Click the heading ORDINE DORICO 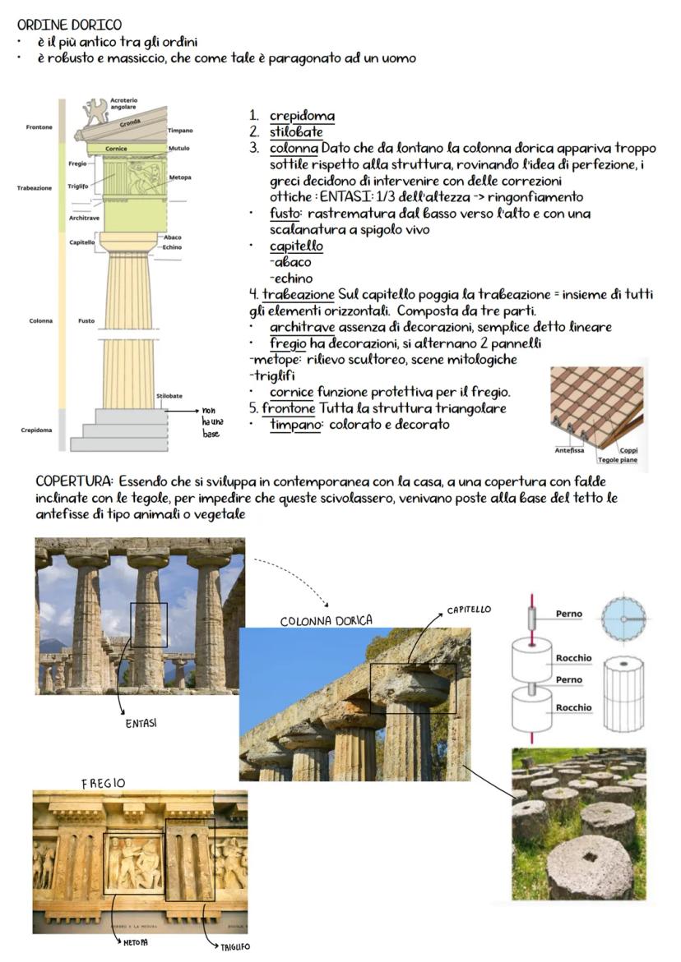pyautogui.click(x=69, y=25)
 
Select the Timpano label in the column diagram pyautogui.click(x=180, y=131)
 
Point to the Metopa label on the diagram pyautogui.click(x=180, y=177)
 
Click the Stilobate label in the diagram pyautogui.click(x=169, y=396)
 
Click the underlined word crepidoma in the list pyautogui.click(x=302, y=117)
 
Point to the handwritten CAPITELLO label pyautogui.click(x=469, y=610)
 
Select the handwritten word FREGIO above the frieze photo pyautogui.click(x=103, y=783)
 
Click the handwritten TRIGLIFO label pyautogui.click(x=234, y=946)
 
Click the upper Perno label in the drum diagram pyautogui.click(x=569, y=614)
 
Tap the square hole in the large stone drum pyautogui.click(x=590, y=860)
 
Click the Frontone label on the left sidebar pyautogui.click(x=37, y=127)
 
